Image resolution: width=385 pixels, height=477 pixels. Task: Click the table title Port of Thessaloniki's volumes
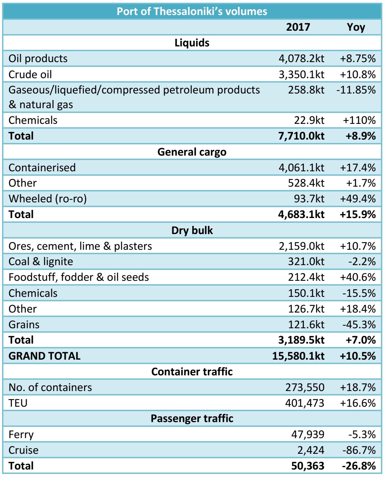click(x=192, y=11)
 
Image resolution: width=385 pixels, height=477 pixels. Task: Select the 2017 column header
click(x=298, y=27)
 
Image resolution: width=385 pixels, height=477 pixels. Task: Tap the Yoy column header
click(x=356, y=27)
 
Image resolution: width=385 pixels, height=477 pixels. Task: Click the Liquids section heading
click(x=192, y=43)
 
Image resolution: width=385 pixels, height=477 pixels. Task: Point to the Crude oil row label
click(x=30, y=74)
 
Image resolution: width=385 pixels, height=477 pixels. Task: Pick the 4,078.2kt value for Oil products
click(x=301, y=58)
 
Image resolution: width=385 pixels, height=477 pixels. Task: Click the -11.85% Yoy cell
click(x=356, y=90)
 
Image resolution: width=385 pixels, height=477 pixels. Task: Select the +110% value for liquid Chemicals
click(x=359, y=120)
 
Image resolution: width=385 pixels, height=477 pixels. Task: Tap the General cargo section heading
click(x=192, y=152)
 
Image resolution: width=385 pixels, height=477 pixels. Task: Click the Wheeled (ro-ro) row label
click(x=48, y=199)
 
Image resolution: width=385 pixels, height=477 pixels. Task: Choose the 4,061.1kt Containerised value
click(x=301, y=168)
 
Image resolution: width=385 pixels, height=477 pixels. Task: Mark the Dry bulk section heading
click(x=192, y=230)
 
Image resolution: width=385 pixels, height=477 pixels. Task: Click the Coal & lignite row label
click(x=41, y=262)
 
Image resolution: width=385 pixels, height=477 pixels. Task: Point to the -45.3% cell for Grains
click(x=359, y=324)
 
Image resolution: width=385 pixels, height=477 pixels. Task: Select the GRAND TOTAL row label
click(x=45, y=356)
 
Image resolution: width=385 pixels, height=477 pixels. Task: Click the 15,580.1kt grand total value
click(x=298, y=356)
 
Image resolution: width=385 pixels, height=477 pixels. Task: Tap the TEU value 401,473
click(x=305, y=403)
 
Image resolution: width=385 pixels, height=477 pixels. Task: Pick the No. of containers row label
click(x=50, y=387)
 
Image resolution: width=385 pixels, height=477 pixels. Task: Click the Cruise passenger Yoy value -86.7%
click(x=359, y=450)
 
